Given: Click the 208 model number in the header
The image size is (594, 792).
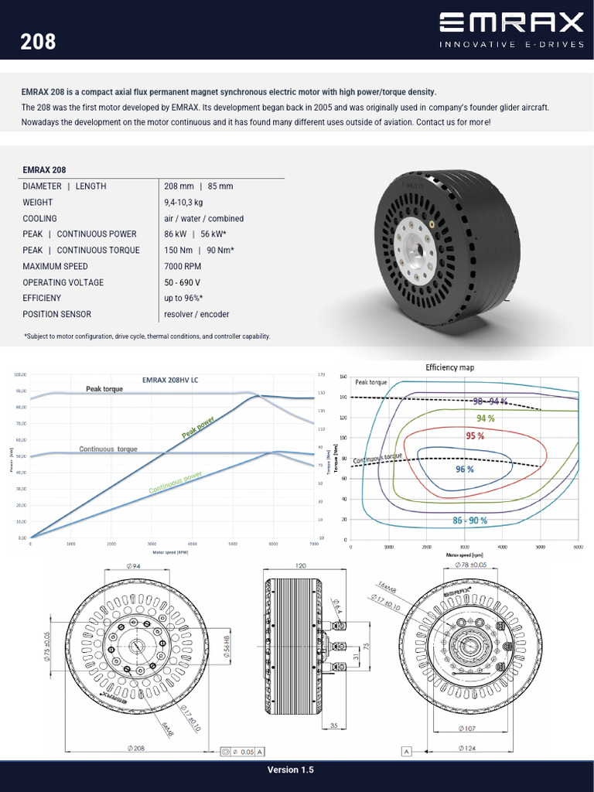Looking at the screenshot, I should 38,41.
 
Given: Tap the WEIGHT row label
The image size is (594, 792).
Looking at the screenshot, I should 38,203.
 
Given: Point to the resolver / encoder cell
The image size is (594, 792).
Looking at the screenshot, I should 196,314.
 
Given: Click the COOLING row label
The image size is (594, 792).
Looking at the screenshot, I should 40,218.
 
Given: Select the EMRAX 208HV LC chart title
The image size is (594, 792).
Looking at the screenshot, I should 170,380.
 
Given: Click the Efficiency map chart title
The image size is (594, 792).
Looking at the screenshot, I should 449,367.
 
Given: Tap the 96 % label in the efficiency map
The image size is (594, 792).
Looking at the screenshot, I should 464,469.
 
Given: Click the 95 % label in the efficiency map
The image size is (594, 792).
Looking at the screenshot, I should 475,435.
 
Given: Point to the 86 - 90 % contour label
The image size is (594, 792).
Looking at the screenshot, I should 469,521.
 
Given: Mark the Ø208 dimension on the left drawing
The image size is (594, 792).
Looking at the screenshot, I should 137,749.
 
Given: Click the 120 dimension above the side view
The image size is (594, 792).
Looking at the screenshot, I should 300,566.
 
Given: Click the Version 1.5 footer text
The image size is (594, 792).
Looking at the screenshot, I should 291,770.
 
